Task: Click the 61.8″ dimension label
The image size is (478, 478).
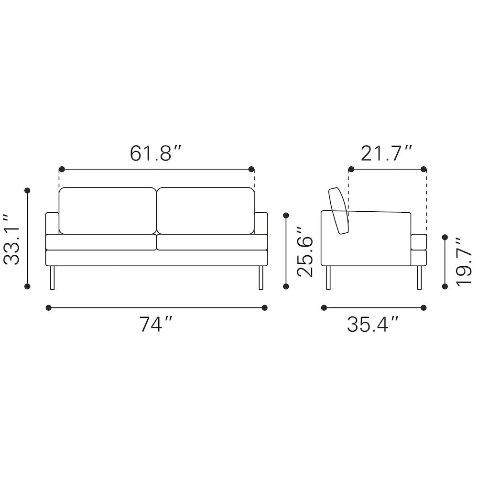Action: [x=155, y=153]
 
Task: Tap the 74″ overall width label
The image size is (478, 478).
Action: [x=156, y=324]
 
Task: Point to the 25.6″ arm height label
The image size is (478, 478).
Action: [x=305, y=251]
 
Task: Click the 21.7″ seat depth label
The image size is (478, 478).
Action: [x=386, y=153]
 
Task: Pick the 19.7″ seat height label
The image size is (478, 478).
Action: [x=463, y=262]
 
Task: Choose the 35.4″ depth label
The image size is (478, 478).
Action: [x=373, y=324]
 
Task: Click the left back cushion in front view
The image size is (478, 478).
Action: [x=108, y=211]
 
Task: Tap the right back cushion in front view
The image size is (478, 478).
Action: [x=206, y=211]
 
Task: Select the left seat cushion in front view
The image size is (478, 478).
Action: [x=101, y=242]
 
